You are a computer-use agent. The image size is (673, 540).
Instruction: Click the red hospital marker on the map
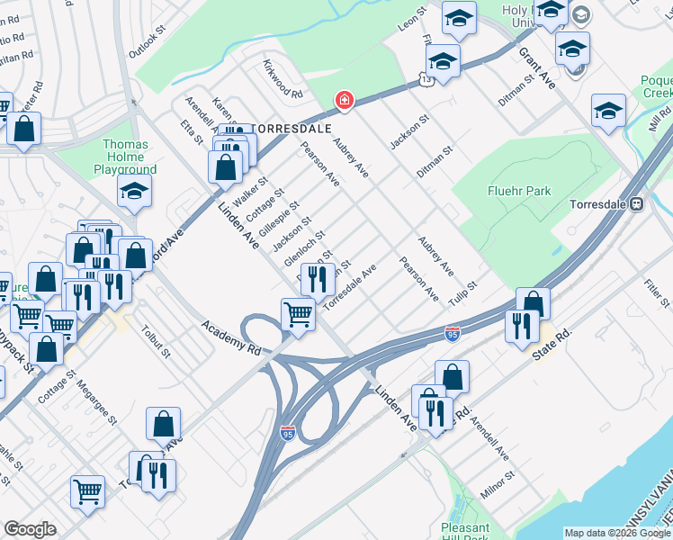tap(343, 100)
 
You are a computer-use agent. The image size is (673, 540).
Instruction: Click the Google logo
tap(30, 529)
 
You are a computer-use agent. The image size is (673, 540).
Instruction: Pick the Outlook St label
tap(148, 42)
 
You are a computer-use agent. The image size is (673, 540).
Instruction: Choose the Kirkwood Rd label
tap(283, 79)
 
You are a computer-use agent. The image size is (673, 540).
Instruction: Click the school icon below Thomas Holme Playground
tap(134, 191)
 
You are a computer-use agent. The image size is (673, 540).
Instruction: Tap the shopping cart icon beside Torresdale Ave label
tap(297, 315)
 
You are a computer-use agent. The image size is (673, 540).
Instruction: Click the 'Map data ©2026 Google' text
tap(616, 533)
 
